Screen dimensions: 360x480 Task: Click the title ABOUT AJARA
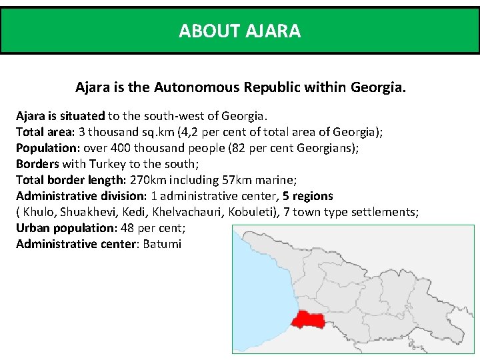click(239, 31)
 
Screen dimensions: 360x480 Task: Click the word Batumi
click(162, 244)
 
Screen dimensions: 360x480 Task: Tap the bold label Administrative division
click(80, 196)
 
